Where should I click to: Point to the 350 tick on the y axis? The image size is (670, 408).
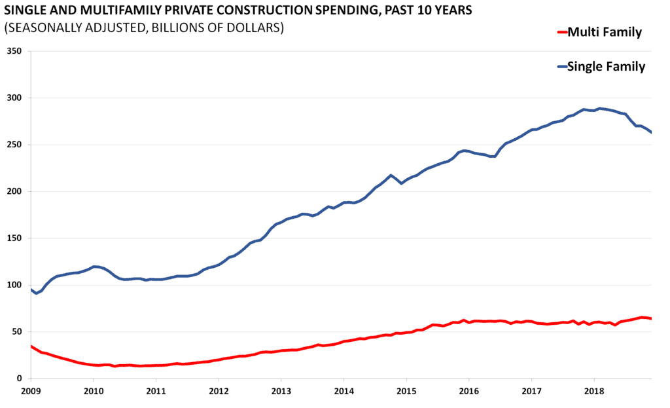tap(14, 51)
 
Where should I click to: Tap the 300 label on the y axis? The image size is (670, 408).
tap(14, 98)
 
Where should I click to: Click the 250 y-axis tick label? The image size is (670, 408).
tap(14, 145)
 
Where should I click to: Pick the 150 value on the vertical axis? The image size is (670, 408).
tap(14, 238)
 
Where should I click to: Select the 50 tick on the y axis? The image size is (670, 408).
tap(16, 332)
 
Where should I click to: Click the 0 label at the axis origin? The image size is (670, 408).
tap(20, 379)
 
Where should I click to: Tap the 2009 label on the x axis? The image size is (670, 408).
tap(31, 391)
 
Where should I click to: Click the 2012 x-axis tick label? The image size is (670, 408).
tap(219, 391)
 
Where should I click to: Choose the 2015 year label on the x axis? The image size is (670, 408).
tap(406, 391)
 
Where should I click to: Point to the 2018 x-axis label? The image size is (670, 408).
tap(594, 391)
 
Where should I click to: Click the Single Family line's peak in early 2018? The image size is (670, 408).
tap(599, 108)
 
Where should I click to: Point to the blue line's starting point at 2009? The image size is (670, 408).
tap(31, 289)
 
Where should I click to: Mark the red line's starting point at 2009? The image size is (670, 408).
tap(31, 346)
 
